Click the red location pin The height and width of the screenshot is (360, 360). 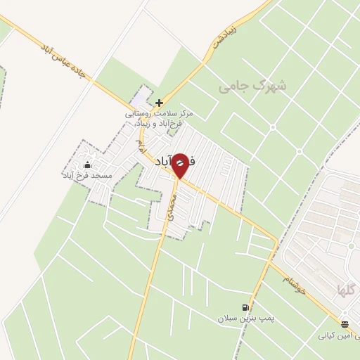pyautogui.click(x=180, y=165)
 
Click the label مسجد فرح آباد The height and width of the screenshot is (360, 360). pyautogui.click(x=87, y=174)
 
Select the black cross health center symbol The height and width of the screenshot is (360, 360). pyautogui.click(x=159, y=103)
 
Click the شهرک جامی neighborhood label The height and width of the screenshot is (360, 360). pyautogui.click(x=252, y=86)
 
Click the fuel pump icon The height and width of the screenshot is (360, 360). pyautogui.click(x=245, y=307)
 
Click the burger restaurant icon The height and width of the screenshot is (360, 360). pyautogui.click(x=344, y=324)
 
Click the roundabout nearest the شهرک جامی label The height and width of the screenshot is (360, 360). pyautogui.click(x=273, y=127)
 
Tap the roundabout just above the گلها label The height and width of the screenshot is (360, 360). pyautogui.click(x=350, y=246)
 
